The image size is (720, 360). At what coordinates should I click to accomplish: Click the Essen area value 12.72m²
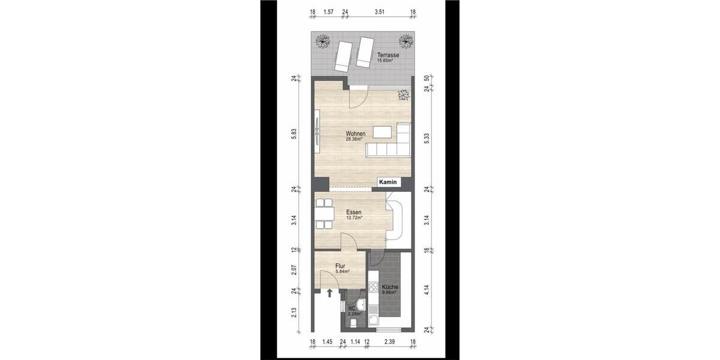click(x=353, y=218)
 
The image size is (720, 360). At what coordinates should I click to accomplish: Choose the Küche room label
click(x=389, y=287)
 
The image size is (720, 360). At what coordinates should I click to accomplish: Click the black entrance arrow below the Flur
click(x=329, y=293)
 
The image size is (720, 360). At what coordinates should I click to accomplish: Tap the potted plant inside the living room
click(x=403, y=95)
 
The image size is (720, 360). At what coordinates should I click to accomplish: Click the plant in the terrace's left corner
click(x=324, y=41)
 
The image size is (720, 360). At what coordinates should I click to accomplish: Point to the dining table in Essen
click(x=324, y=214)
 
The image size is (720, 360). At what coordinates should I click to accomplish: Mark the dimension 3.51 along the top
click(x=379, y=11)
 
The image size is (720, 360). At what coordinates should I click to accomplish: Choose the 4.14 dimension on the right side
click(x=426, y=290)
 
